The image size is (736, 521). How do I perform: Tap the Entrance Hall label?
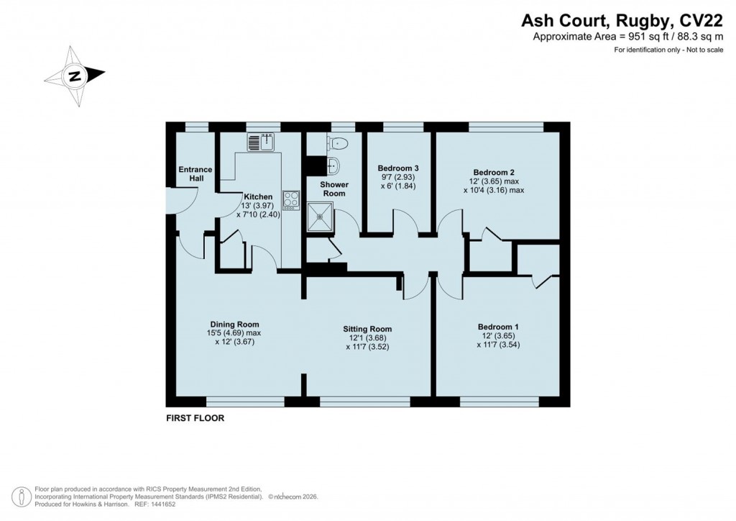point(195,174)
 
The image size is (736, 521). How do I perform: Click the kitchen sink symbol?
point(262,142)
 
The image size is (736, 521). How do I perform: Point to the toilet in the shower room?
point(336,143)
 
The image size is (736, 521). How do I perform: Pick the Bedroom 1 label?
point(497,327)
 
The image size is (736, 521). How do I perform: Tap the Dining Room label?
point(234,324)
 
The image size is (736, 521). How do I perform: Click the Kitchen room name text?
point(258,196)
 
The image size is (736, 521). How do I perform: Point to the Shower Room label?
point(334,189)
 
